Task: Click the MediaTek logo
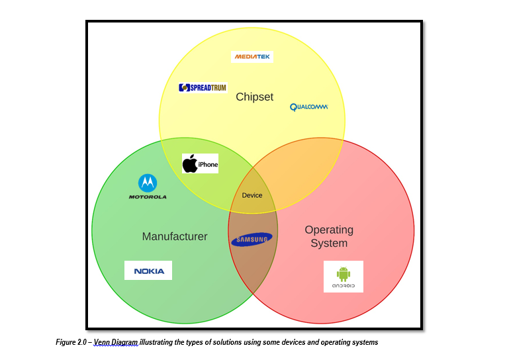coord(253,57)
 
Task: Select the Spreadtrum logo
coord(203,87)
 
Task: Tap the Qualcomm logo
coord(308,107)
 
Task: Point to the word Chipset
coord(254,97)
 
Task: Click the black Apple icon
coord(190,163)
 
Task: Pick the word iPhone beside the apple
coord(208,165)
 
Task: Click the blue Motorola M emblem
coord(148,183)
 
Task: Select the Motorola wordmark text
coord(148,197)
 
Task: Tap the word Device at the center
coord(252,195)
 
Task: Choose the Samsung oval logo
coord(251,240)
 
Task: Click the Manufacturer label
coord(175,236)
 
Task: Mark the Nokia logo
coord(148,271)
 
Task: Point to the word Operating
coord(329,230)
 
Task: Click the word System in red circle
coord(329,243)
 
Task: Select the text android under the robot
coord(344,286)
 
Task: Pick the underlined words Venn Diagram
coord(116,342)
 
